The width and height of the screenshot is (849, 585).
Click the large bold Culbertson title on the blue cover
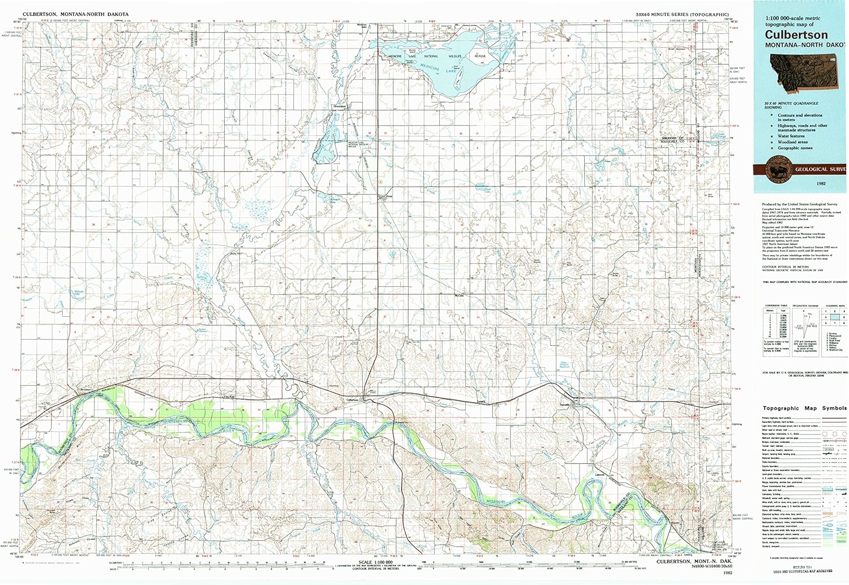tap(796, 35)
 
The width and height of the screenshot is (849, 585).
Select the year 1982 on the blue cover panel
tap(821, 184)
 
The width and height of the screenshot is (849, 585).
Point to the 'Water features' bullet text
tap(791, 136)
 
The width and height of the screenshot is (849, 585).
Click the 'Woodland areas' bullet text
tap(792, 142)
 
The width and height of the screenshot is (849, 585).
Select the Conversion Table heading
tap(776, 306)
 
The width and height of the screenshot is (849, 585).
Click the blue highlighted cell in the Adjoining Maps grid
tap(835, 317)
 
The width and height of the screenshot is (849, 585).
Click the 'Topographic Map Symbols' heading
tap(804, 408)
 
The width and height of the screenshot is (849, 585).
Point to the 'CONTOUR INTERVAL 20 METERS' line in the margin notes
tap(785, 266)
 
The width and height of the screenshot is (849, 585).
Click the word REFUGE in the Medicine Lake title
tap(480, 57)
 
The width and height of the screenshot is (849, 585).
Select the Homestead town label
tap(339, 106)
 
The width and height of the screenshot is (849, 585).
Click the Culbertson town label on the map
tap(353, 399)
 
